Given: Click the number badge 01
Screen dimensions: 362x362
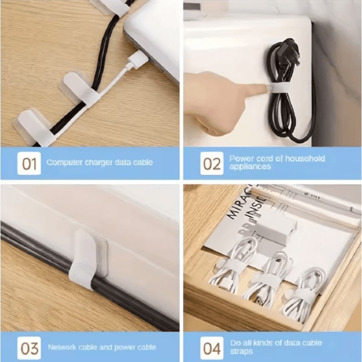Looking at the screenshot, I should [x=29, y=163].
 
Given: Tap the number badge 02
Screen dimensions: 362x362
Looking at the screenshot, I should [x=212, y=163].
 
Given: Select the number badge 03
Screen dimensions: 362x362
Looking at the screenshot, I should [x=29, y=348].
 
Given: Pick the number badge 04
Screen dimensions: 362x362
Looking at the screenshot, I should [x=212, y=348].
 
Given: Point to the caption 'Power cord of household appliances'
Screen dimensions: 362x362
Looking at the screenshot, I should [x=277, y=162].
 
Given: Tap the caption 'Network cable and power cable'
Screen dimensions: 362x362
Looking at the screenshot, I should [x=102, y=348].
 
